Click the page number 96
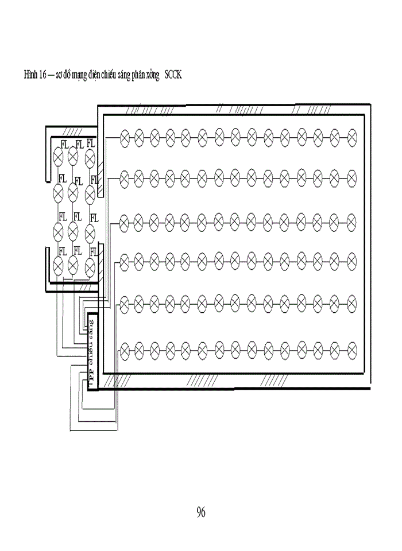click(x=200, y=513)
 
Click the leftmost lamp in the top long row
click(x=123, y=136)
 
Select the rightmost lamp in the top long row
click(x=352, y=136)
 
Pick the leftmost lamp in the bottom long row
click(x=123, y=349)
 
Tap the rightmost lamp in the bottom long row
click(x=352, y=349)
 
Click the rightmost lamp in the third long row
click(x=352, y=221)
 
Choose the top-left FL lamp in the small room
click(x=58, y=156)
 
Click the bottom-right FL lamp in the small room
click(x=90, y=265)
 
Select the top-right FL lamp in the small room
click(x=90, y=156)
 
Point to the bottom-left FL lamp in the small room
click(x=58, y=265)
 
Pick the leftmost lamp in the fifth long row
click(x=123, y=304)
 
